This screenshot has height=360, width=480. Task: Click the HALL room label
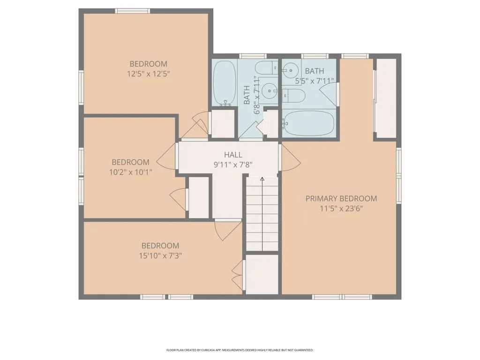(233, 155)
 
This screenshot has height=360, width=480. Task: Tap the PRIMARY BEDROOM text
(341, 198)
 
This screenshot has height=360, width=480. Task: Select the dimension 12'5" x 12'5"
(148, 74)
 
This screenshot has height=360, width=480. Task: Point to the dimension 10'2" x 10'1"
(130, 172)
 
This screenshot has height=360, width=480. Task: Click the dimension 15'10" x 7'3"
(160, 255)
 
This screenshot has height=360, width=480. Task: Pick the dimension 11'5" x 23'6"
(341, 208)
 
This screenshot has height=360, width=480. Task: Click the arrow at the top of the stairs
(262, 179)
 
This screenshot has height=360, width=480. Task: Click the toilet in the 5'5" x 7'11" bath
(295, 96)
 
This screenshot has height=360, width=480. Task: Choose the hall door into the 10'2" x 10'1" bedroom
(168, 157)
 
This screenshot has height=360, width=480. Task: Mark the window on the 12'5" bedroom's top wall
(133, 11)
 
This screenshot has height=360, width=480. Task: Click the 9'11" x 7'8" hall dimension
(233, 165)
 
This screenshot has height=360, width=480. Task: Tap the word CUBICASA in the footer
(207, 350)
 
